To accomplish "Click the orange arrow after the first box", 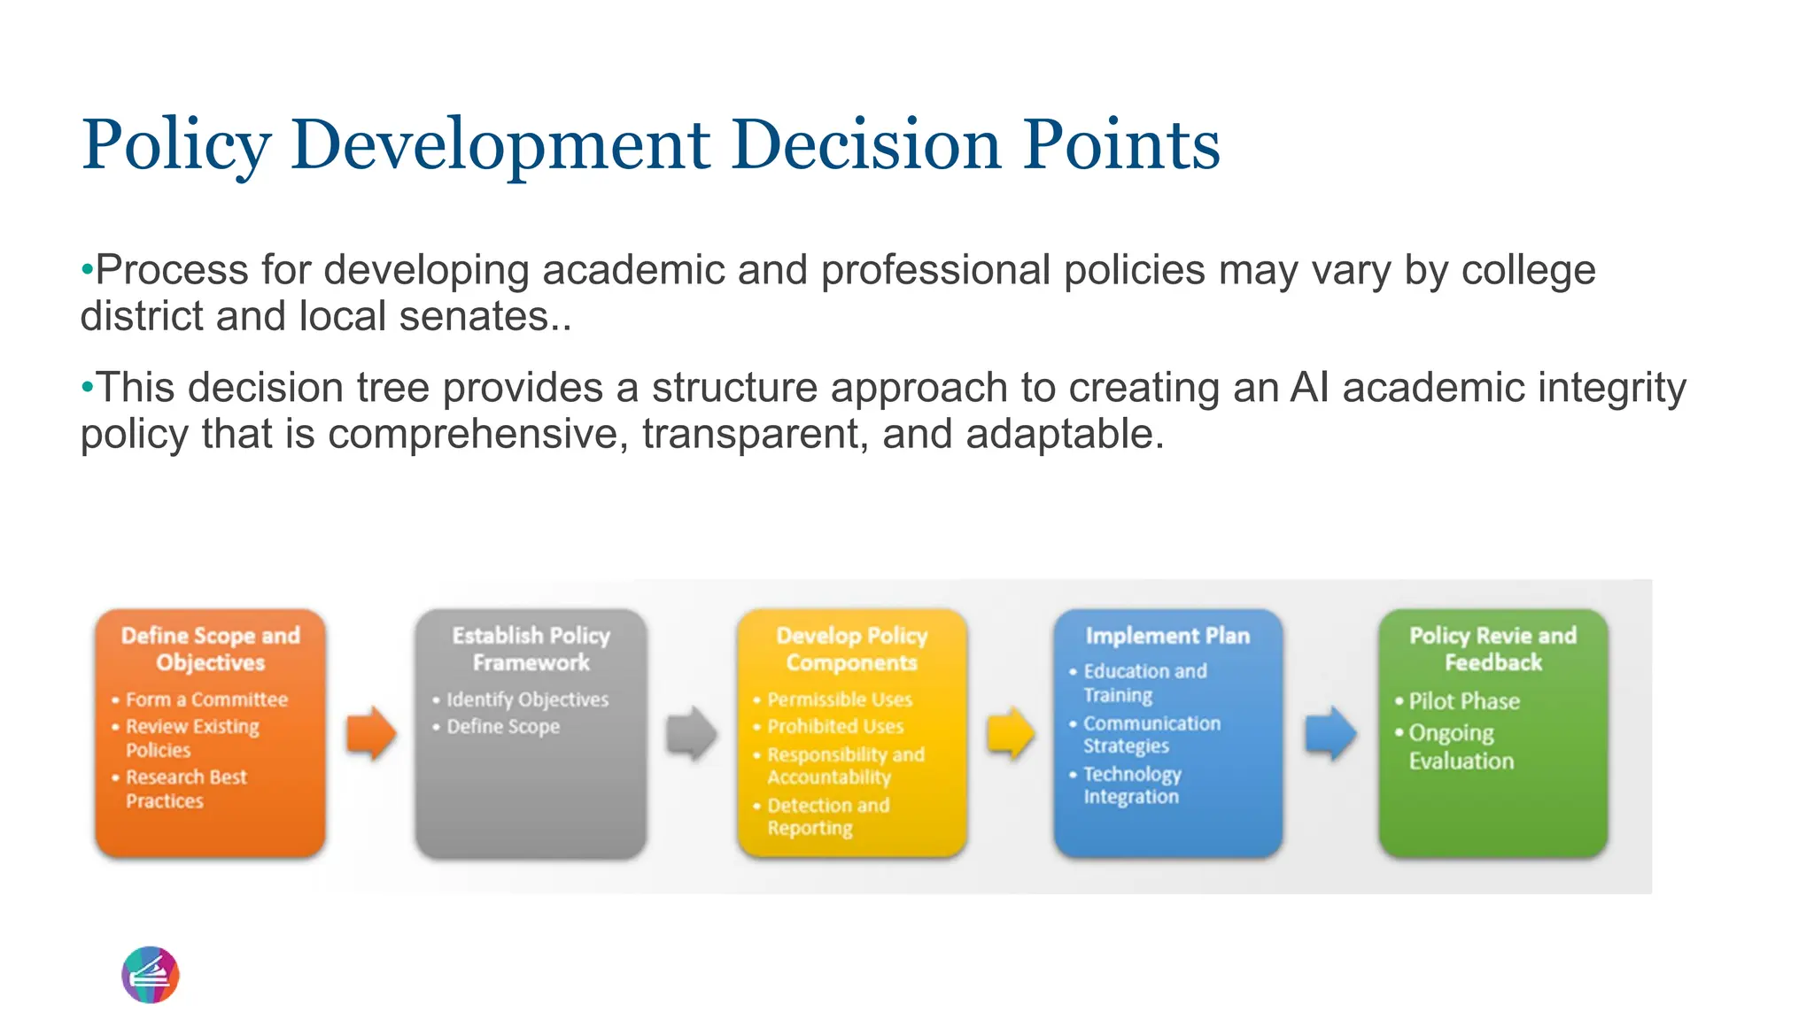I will (x=370, y=733).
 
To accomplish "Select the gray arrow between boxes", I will (x=691, y=733).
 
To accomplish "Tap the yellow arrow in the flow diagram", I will (x=1011, y=733).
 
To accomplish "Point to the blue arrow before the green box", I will (x=1330, y=733).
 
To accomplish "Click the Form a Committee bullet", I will (x=206, y=699).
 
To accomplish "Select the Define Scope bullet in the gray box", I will (x=502, y=727).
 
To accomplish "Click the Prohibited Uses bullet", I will (x=834, y=727).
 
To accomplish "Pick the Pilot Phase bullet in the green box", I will (x=1463, y=701).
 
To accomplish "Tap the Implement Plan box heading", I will (x=1167, y=636).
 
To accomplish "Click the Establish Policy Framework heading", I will (x=531, y=649).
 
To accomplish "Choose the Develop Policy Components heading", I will (x=851, y=649).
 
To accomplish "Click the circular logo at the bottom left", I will (x=151, y=975).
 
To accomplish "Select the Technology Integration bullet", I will (x=1131, y=785).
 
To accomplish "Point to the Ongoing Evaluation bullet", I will (x=1460, y=746).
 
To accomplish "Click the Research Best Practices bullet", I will (x=185, y=789).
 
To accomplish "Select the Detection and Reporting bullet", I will (x=827, y=816).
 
